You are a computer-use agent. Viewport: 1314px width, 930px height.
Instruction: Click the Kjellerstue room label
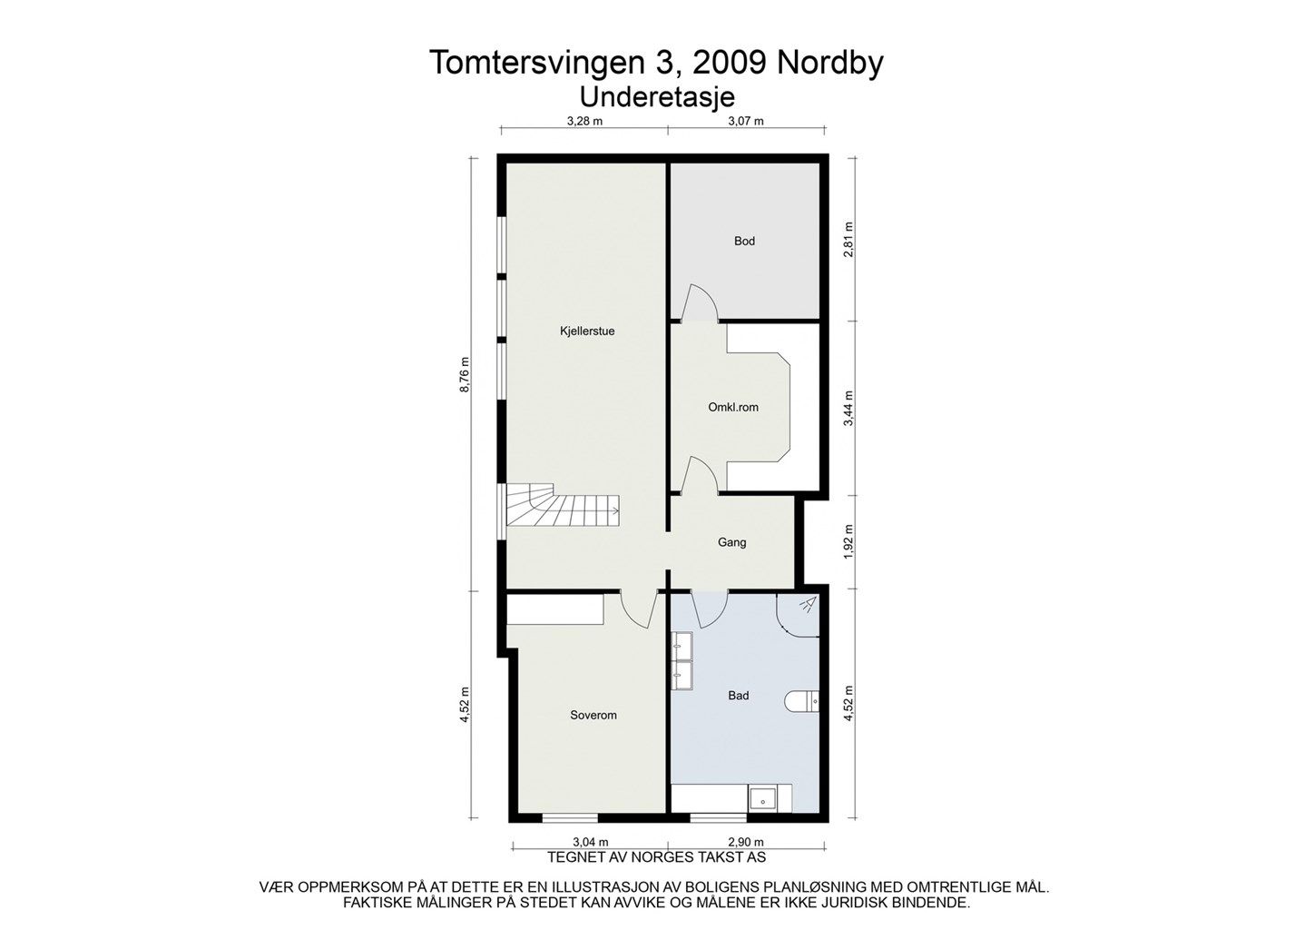click(x=587, y=331)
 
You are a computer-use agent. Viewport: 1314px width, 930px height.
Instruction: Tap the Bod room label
click(x=744, y=242)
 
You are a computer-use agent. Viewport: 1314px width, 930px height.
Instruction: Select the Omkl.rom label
click(x=733, y=408)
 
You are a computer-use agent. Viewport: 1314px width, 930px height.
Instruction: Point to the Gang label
click(x=731, y=543)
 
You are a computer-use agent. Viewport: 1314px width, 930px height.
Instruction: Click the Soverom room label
click(x=593, y=716)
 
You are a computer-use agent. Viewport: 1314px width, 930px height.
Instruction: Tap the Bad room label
click(x=739, y=697)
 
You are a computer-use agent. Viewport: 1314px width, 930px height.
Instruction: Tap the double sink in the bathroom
click(x=682, y=659)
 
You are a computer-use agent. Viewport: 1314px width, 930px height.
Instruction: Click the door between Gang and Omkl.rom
click(x=700, y=477)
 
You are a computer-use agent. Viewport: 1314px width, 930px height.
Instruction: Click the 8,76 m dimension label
click(x=466, y=373)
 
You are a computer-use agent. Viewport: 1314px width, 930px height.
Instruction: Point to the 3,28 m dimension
click(x=584, y=121)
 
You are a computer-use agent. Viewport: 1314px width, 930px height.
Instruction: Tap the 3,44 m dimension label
click(x=849, y=408)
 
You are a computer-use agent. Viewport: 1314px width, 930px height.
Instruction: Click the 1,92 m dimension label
click(x=849, y=541)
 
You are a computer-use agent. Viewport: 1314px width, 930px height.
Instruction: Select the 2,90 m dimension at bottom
click(x=745, y=842)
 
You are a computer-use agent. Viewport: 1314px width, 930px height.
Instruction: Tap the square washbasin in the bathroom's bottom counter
click(x=761, y=799)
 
